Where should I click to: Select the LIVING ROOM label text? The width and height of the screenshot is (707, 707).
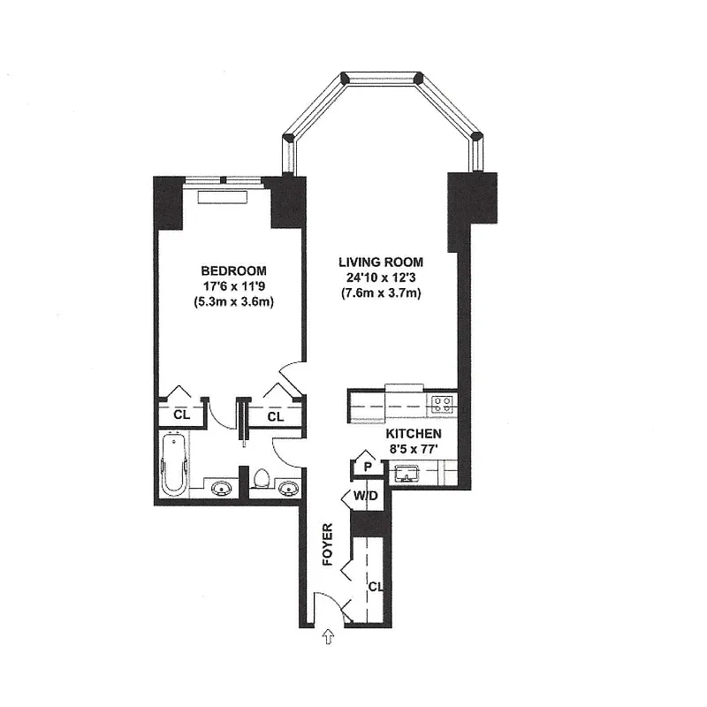[x=381, y=262]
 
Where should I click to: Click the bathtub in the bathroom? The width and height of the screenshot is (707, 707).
[x=175, y=465]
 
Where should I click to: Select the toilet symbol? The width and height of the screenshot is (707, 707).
[x=261, y=481]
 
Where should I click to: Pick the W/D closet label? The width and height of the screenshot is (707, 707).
[x=365, y=496]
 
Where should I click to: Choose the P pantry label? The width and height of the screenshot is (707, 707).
[x=365, y=467]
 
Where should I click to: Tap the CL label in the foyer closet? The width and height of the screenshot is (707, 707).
[x=375, y=587]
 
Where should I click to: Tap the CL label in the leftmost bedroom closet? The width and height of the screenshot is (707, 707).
[x=181, y=415]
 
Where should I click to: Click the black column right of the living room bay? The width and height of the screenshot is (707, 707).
[x=473, y=199]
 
